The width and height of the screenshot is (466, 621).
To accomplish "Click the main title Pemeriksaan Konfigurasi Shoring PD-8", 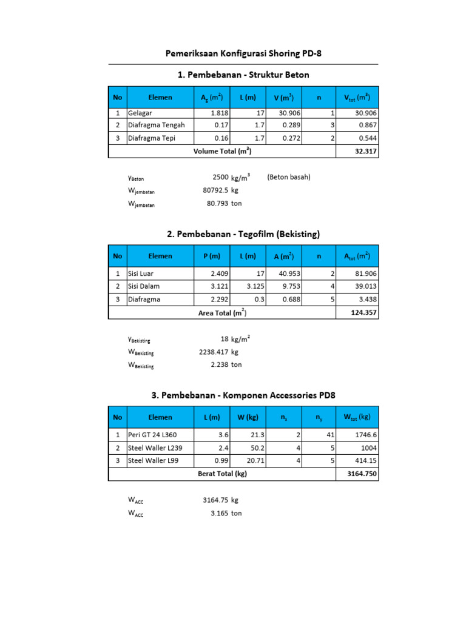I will tap(243, 53).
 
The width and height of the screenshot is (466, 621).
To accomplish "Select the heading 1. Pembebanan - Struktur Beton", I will tap(243, 75).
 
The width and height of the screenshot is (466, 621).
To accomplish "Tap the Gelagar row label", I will tap(141, 113).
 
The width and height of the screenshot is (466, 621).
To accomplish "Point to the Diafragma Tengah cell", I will tap(156, 125).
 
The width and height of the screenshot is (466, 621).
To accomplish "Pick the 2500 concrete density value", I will tap(220, 178).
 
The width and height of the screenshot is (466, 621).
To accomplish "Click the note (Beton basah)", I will tap(288, 178).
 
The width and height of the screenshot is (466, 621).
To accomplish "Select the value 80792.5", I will tap(215, 190).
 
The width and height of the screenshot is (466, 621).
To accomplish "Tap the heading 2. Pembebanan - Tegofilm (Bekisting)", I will tap(243, 233).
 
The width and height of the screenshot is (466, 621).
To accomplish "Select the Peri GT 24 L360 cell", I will tap(152, 435).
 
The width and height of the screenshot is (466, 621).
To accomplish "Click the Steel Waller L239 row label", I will tap(155, 448).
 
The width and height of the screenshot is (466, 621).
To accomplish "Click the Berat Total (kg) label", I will tap(222, 474).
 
